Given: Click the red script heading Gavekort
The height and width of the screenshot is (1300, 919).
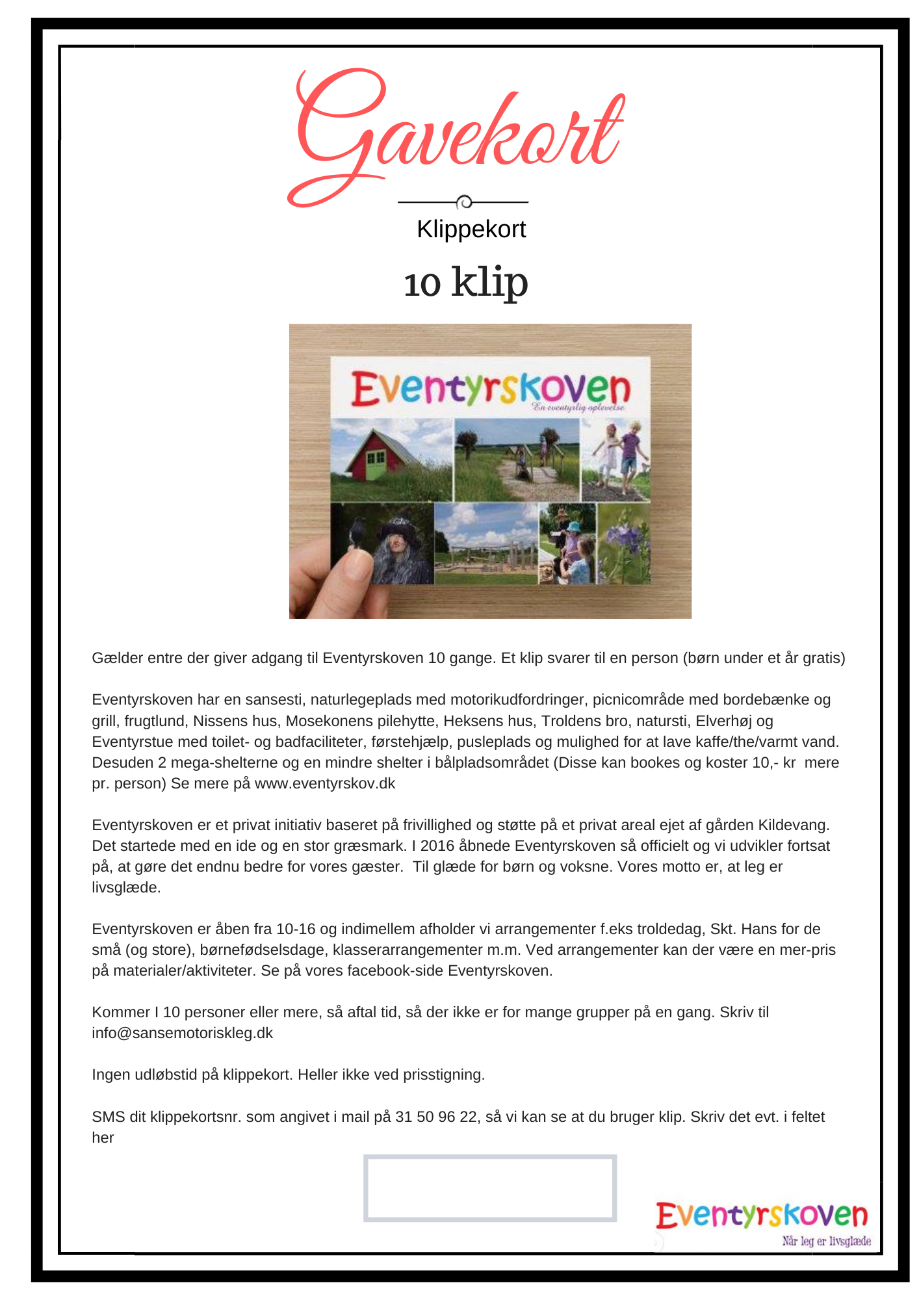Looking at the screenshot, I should coord(455,136).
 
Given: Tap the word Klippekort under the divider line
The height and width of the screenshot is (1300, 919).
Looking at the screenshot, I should coord(471,229).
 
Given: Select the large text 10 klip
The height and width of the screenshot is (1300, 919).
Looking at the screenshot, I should coord(465,283).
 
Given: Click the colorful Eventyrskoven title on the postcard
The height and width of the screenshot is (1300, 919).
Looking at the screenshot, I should coord(491,388).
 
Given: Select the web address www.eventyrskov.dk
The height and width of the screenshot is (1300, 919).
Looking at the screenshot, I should coord(325,783).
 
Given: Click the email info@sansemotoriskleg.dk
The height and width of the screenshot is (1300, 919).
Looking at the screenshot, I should coord(183,1033).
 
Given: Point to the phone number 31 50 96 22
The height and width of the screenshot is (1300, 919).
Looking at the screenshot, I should coord(436,1117).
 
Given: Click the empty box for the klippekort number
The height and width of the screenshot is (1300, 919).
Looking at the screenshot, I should coord(489,1188).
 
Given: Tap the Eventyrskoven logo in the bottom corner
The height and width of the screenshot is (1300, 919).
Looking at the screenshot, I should coord(762,1215).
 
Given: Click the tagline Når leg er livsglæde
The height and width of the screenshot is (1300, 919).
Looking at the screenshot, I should coord(826,1241).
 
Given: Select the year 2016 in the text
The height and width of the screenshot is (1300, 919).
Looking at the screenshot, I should coord(437,846).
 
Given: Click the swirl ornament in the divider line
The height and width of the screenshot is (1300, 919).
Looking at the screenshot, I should coord(464,202).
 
